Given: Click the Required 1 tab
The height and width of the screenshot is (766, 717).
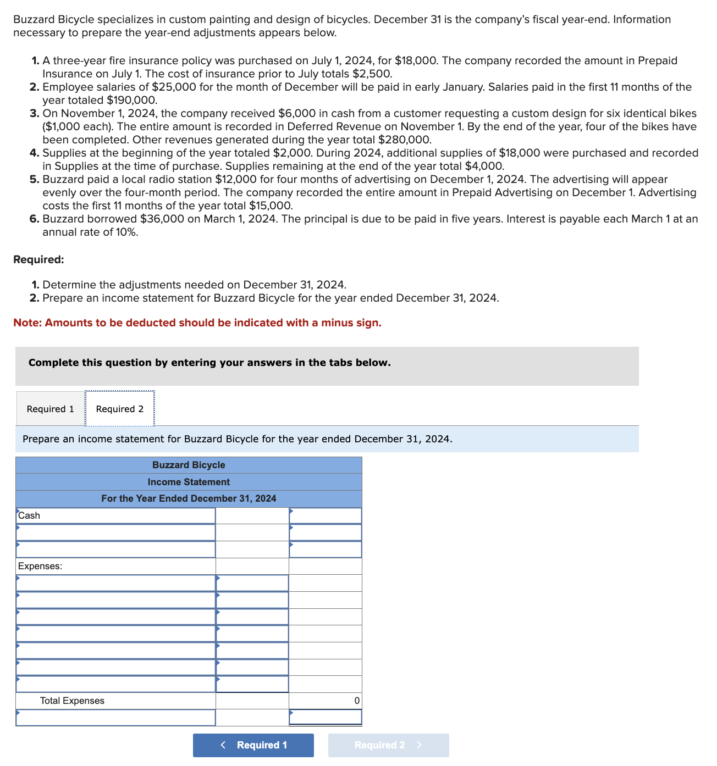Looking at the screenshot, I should point(50,409).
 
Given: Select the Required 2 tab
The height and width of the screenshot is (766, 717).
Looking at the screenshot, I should point(120,409).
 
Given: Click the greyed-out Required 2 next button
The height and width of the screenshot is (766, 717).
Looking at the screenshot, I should point(388,745).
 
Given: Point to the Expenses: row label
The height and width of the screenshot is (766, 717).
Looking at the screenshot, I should point(40,566).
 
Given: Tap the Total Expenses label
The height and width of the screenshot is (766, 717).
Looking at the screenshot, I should point(72,701).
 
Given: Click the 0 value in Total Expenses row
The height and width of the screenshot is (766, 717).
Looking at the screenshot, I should point(356,701).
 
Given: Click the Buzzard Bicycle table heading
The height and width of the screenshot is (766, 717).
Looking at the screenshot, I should point(189,465).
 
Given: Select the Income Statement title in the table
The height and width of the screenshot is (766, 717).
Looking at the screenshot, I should point(189,482).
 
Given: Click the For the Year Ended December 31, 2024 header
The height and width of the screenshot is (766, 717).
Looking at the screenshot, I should point(189,498).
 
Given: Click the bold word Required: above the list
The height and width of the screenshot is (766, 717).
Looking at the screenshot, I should point(38,259).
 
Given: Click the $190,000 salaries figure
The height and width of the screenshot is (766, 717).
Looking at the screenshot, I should point(132,100).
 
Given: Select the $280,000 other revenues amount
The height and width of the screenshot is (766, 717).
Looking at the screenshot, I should point(405,140).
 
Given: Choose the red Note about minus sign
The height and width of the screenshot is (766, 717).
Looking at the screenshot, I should point(197,323).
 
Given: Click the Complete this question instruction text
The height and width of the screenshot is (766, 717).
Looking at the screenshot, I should point(209,363).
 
